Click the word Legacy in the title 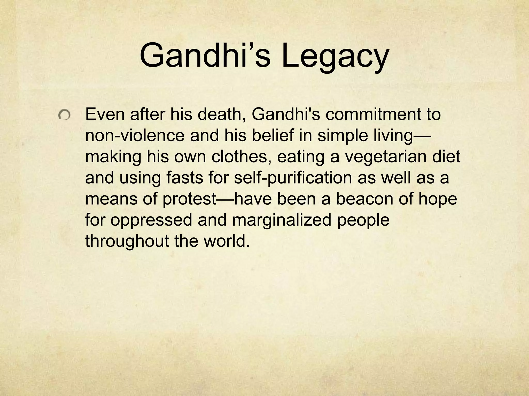(x=335, y=56)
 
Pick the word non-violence (x=135, y=135)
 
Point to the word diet (x=449, y=156)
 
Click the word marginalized (x=282, y=220)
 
